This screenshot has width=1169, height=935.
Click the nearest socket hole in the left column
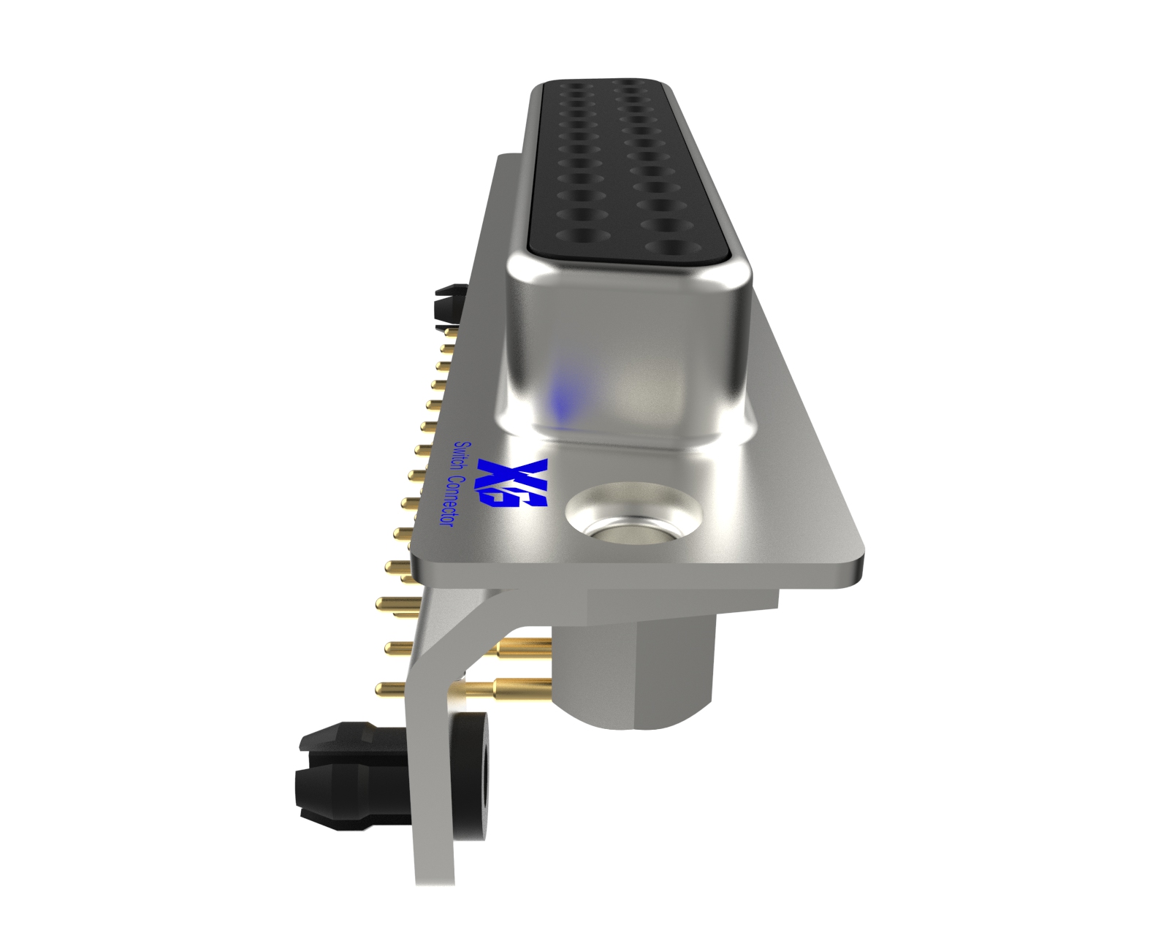(x=581, y=236)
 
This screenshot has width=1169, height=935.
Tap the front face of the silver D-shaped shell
(x=628, y=351)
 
